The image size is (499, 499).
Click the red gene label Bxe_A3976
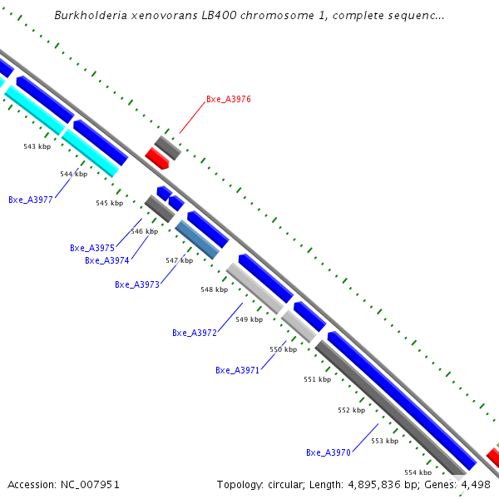[228, 99]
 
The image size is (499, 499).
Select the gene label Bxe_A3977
[31, 200]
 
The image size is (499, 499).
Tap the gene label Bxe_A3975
[92, 248]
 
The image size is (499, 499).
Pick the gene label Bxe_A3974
[107, 260]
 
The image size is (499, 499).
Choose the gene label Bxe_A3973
[137, 284]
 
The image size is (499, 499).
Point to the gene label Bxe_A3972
[195, 333]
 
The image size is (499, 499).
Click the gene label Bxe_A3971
[238, 370]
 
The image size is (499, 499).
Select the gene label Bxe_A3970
[329, 452]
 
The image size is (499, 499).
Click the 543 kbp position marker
[37, 146]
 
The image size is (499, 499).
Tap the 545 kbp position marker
[109, 203]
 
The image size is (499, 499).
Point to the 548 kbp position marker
[214, 289]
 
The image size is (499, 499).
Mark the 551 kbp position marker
[317, 379]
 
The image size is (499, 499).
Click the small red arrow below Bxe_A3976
[156, 158]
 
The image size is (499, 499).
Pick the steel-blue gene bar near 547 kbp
[196, 239]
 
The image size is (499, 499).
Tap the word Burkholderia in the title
[86, 16]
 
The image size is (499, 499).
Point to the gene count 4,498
[477, 484]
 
